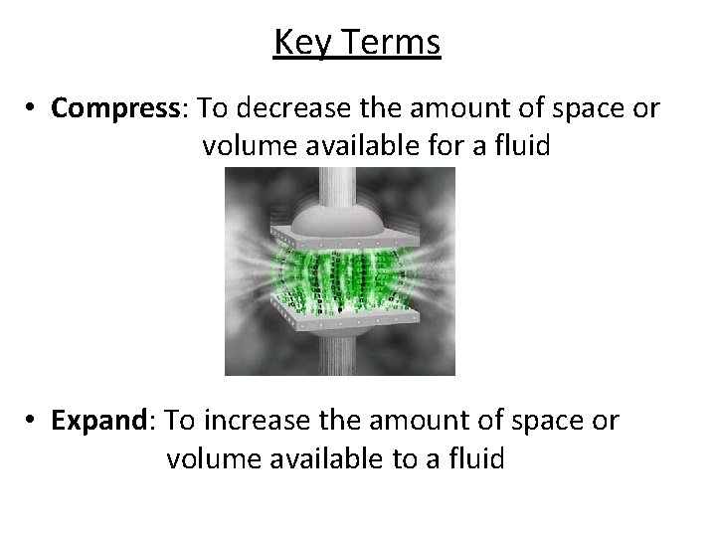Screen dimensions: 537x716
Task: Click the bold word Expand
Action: [x=97, y=421]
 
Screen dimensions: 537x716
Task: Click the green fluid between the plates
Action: [x=338, y=273]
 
